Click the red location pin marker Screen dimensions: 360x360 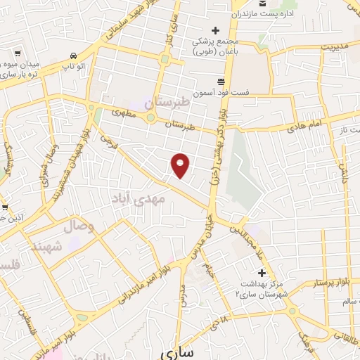click(x=181, y=165)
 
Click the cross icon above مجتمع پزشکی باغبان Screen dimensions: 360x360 click(x=216, y=30)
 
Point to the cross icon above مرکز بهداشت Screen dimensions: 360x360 click(x=262, y=272)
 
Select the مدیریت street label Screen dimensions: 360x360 click(x=335, y=46)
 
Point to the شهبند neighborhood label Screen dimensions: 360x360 click(x=47, y=246)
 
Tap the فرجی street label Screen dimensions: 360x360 click(x=108, y=143)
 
